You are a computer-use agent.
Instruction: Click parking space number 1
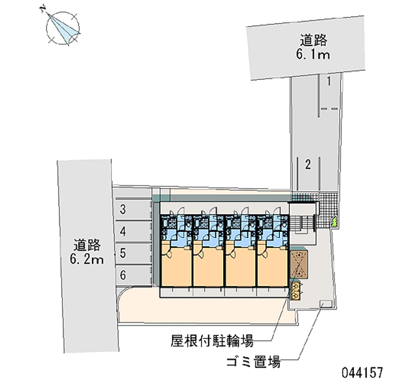click(328, 81)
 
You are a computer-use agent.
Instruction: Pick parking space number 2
click(309, 165)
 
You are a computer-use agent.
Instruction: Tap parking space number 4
click(122, 231)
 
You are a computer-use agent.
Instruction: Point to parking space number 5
click(122, 253)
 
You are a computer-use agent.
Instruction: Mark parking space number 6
click(122, 274)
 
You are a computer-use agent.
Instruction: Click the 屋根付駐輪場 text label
click(211, 342)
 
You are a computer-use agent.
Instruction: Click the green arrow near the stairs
click(333, 223)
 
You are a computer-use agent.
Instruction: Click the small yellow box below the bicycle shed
click(296, 290)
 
